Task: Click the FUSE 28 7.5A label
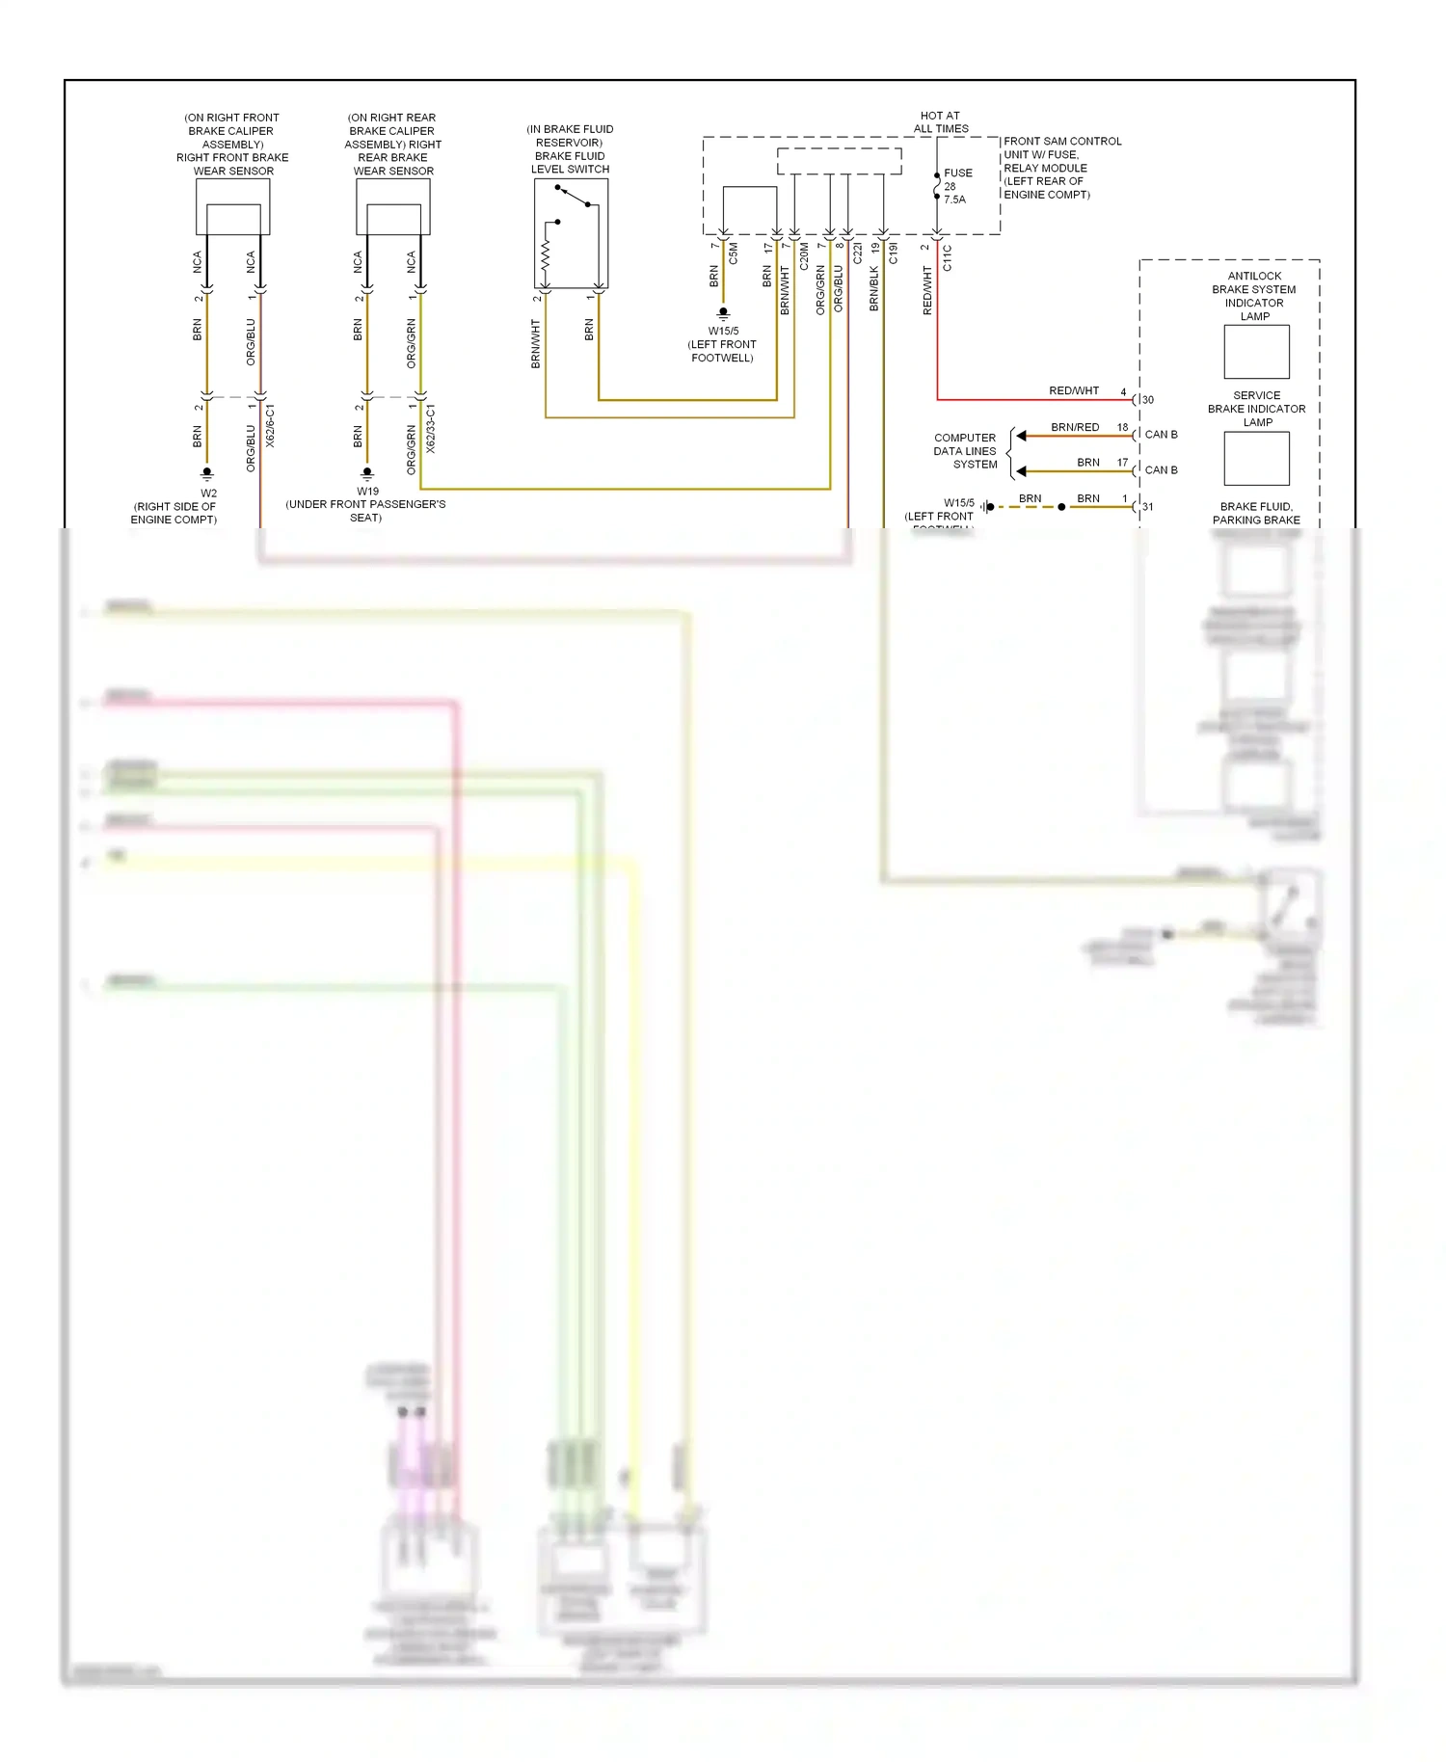[956, 186]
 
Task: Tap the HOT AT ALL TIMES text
[941, 122]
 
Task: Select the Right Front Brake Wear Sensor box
[233, 206]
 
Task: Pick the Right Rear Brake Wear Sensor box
[393, 206]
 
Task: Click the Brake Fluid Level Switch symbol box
[571, 233]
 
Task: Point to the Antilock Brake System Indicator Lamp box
[1256, 352]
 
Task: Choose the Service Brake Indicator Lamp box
[1256, 459]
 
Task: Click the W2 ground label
[208, 494]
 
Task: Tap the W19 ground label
[367, 492]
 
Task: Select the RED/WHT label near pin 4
[1074, 391]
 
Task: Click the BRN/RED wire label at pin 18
[1075, 427]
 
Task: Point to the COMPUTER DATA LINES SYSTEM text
[965, 451]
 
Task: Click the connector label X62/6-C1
[271, 425]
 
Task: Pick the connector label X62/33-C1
[431, 428]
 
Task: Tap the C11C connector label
[948, 257]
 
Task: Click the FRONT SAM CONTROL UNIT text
[1061, 168]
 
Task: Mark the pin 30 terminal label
[1148, 400]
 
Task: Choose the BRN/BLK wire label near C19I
[874, 288]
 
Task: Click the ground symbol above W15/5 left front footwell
[723, 313]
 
